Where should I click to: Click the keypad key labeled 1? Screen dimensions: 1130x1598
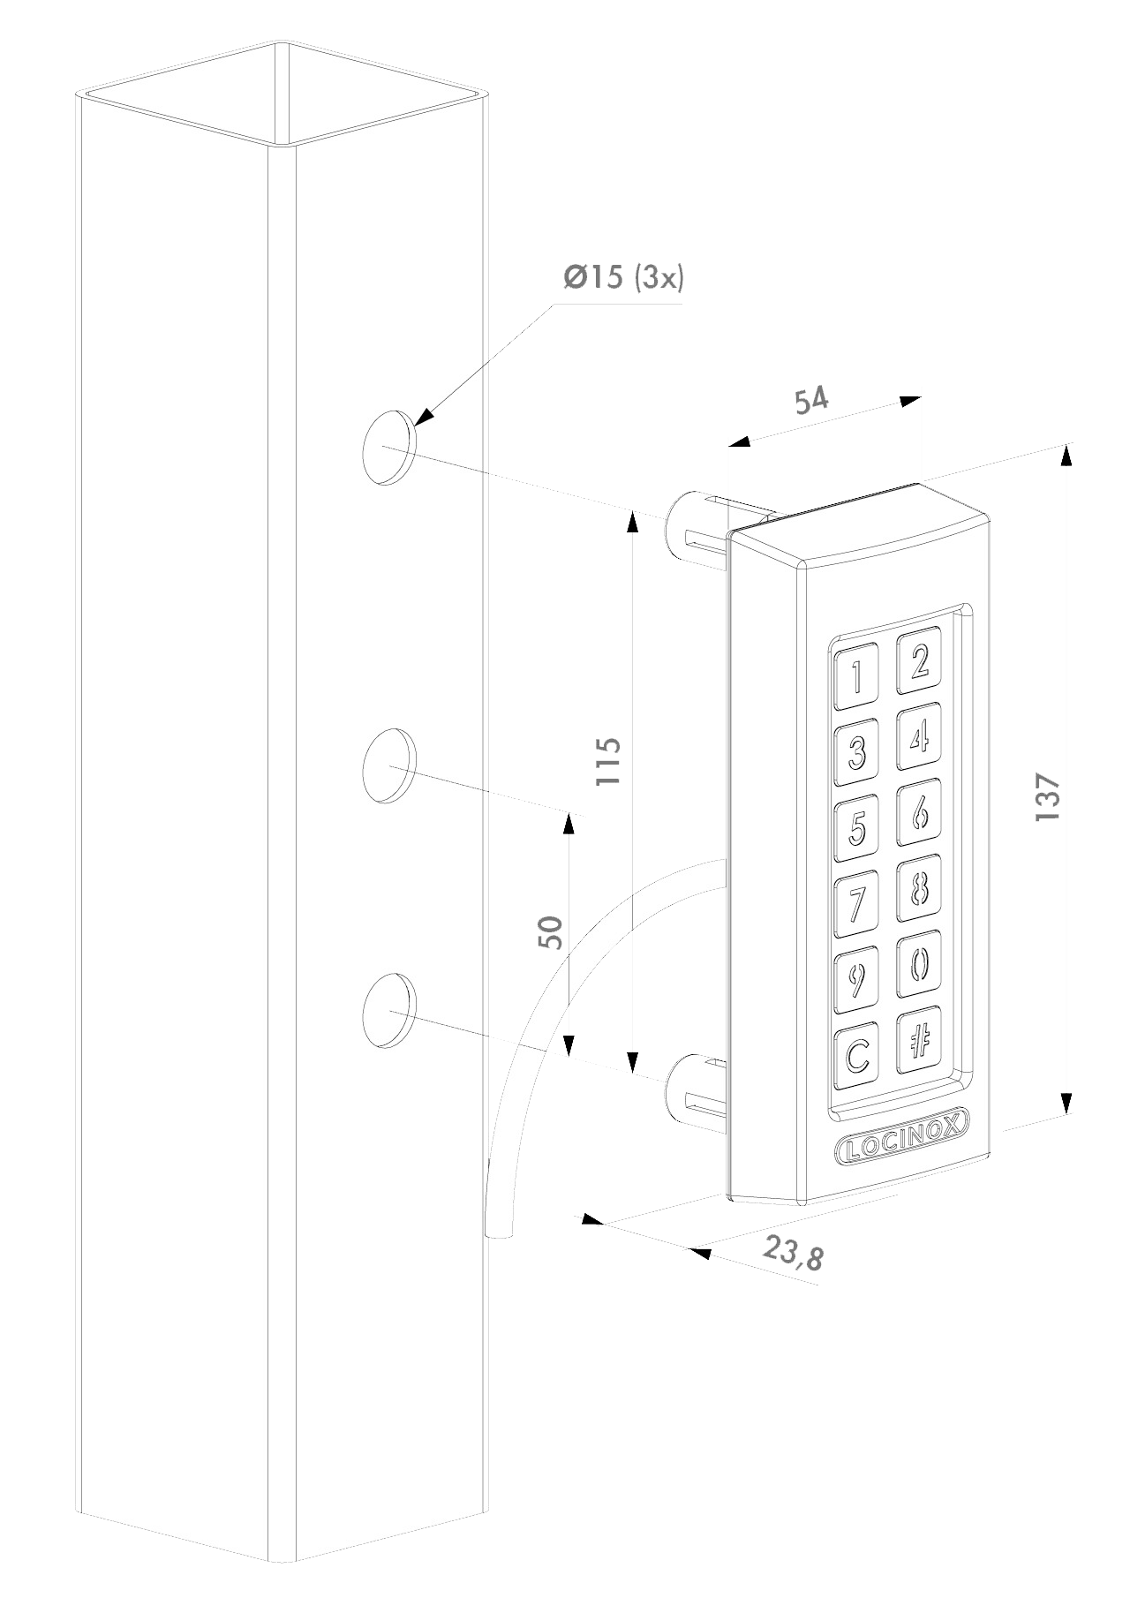click(x=856, y=678)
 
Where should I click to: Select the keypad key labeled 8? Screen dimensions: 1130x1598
click(x=919, y=887)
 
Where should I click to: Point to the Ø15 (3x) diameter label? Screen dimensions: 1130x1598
click(x=624, y=279)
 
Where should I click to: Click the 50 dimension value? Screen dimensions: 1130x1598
click(x=550, y=931)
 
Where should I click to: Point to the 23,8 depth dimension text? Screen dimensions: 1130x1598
click(x=793, y=1253)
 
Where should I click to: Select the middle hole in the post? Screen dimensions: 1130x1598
click(x=389, y=765)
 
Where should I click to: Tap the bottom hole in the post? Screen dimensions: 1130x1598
click(x=389, y=1011)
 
